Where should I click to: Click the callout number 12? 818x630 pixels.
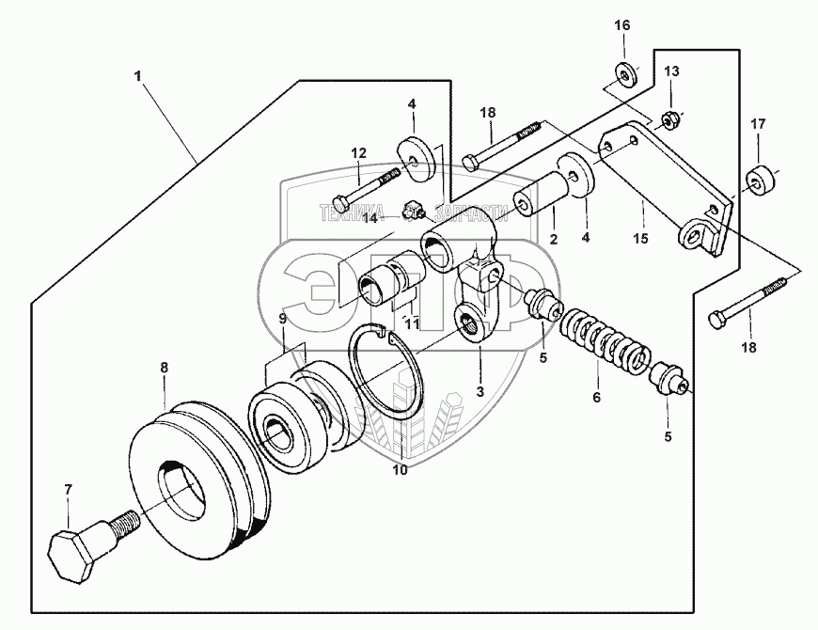(359, 152)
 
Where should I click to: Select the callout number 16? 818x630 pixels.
(622, 25)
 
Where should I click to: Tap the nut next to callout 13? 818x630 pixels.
(671, 119)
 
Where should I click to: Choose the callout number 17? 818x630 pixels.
(757, 123)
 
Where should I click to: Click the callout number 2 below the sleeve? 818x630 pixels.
(553, 241)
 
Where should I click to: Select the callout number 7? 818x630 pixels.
(68, 490)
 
